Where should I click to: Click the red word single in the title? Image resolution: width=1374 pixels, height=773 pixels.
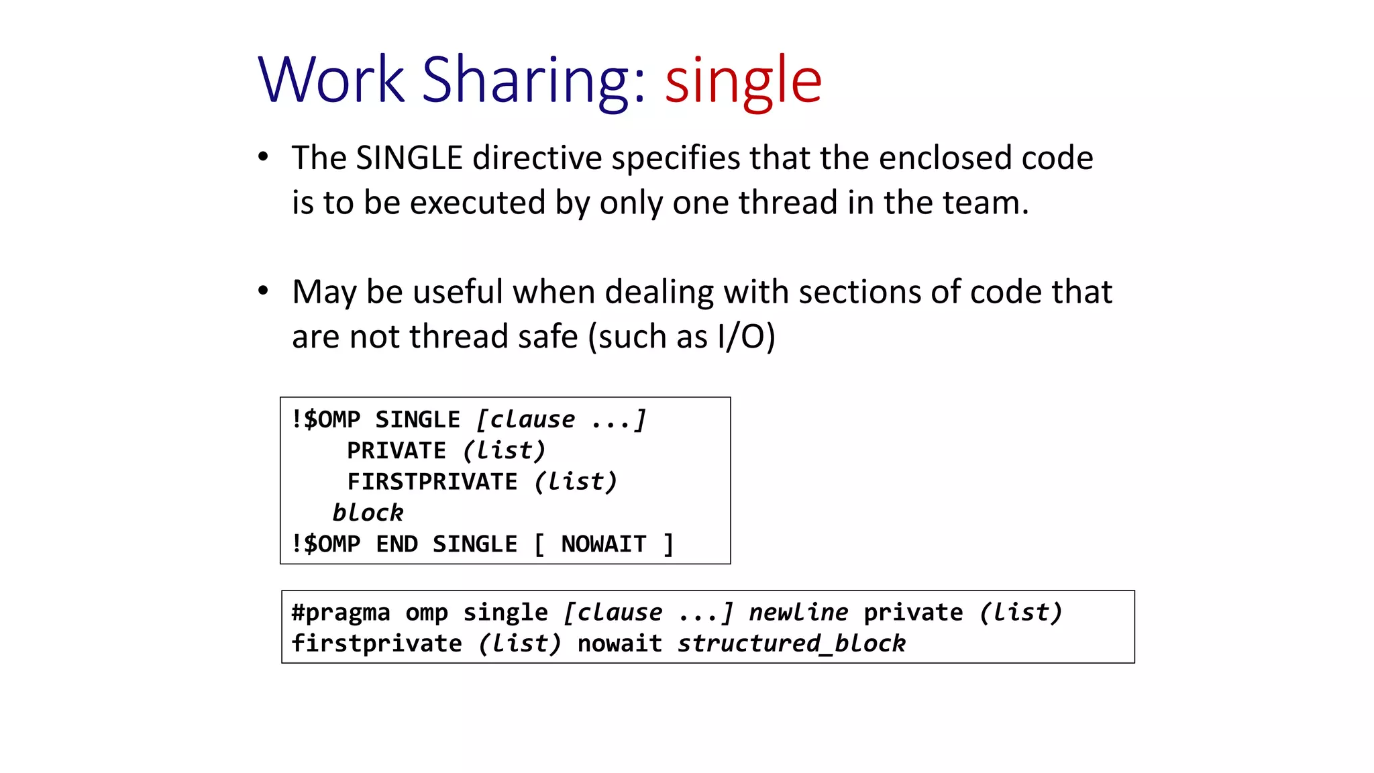[743, 81]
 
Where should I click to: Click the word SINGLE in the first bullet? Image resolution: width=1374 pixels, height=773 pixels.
[409, 158]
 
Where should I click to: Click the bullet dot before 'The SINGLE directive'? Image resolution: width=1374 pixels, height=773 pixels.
[264, 158]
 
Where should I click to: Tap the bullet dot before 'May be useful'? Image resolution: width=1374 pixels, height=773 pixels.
[264, 291]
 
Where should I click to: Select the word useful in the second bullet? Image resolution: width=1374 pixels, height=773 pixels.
[458, 292]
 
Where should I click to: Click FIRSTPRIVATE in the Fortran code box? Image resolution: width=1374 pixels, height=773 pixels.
[432, 482]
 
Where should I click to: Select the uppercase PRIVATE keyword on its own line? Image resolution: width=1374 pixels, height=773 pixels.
[396, 451]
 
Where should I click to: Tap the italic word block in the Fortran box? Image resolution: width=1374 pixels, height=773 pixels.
[368, 513]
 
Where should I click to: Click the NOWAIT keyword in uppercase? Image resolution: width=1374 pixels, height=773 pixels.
[604, 544]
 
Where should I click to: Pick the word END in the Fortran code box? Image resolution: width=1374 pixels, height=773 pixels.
[397, 544]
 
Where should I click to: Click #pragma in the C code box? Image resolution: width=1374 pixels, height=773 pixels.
[341, 613]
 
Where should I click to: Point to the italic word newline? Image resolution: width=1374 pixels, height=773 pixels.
[798, 613]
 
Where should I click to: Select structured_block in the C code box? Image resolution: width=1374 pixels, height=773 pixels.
[792, 643]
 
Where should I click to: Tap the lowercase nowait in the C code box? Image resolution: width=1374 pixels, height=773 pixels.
[619, 643]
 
